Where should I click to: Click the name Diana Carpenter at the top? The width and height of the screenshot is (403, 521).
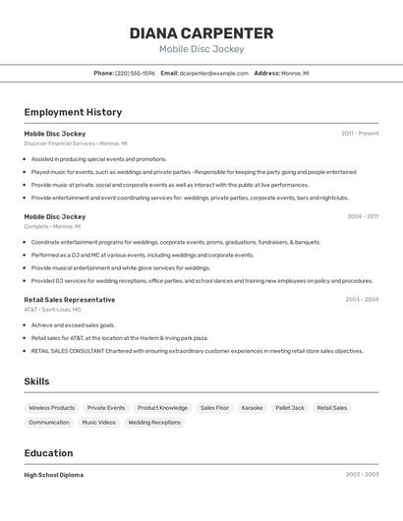pyautogui.click(x=201, y=32)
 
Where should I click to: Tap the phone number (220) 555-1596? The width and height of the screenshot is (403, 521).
pyautogui.click(x=135, y=73)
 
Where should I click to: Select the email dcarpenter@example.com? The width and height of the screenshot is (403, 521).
pyautogui.click(x=213, y=73)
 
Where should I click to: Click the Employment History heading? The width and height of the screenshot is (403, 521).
pyautogui.click(x=73, y=112)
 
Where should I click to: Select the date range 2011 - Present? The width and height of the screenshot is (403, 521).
pyautogui.click(x=360, y=133)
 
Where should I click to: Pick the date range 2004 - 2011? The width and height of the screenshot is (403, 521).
pyautogui.click(x=362, y=216)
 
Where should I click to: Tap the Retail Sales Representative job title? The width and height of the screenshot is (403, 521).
pyautogui.click(x=69, y=299)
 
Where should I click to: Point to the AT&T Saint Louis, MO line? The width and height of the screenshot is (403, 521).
pyautogui.click(x=52, y=310)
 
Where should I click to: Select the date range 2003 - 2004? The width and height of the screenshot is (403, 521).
pyautogui.click(x=362, y=299)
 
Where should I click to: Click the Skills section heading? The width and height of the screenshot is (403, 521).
pyautogui.click(x=36, y=381)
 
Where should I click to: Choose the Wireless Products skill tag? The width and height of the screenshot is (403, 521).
pyautogui.click(x=51, y=408)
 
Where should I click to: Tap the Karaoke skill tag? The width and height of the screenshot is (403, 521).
pyautogui.click(x=252, y=408)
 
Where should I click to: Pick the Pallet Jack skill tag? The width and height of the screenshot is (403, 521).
pyautogui.click(x=290, y=408)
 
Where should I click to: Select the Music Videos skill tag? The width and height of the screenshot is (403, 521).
pyautogui.click(x=98, y=423)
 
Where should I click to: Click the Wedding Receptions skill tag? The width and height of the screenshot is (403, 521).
pyautogui.click(x=154, y=423)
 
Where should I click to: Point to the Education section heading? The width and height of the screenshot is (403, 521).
pyautogui.click(x=48, y=453)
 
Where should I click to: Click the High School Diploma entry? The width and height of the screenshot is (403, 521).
pyautogui.click(x=53, y=475)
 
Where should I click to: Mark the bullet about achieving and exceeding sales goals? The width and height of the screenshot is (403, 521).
pyautogui.click(x=73, y=324)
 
